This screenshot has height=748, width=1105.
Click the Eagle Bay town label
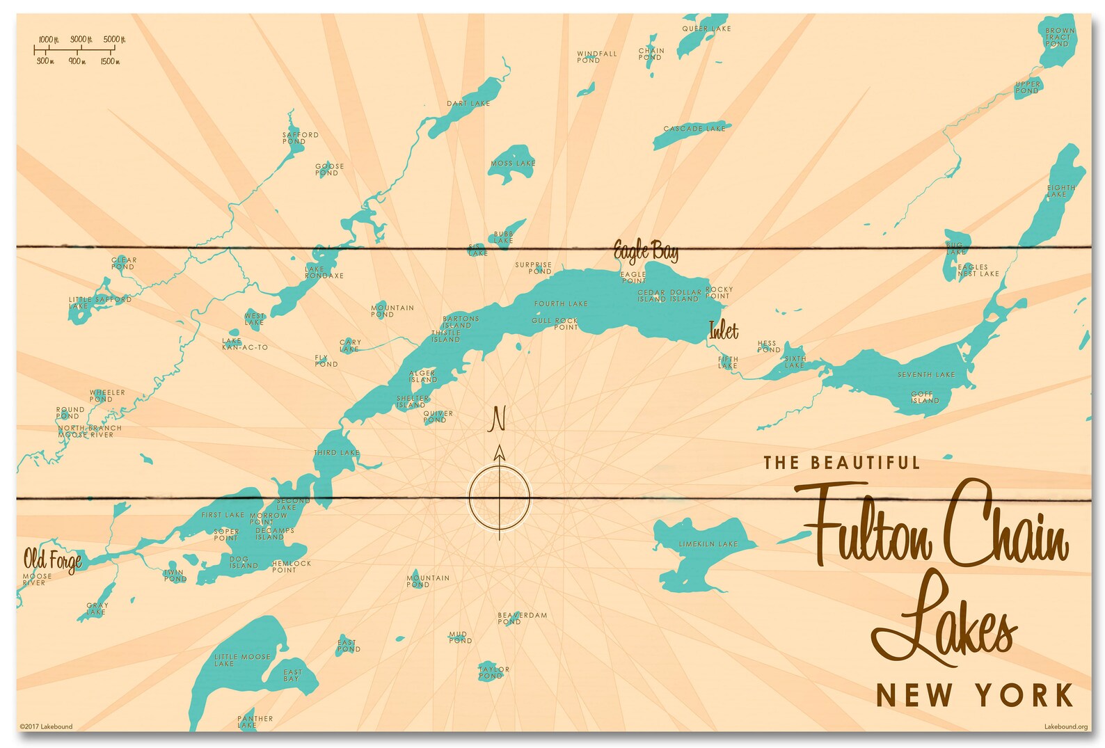coord(645,251)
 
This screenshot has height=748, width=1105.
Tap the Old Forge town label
coord(52,559)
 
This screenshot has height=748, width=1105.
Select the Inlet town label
coord(723,331)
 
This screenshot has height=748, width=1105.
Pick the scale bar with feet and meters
coord(79,50)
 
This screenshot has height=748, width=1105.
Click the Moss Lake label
coord(513,164)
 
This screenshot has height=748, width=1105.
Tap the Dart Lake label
coord(468,104)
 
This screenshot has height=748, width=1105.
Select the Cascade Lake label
coord(694,129)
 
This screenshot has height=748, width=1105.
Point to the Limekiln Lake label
coord(708,544)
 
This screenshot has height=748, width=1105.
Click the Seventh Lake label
coord(925,375)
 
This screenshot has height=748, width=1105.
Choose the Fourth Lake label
coord(561,304)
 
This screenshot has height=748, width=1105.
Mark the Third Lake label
coord(337,453)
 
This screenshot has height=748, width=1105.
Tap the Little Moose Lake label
coord(241,660)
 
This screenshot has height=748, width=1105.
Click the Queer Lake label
coord(706,29)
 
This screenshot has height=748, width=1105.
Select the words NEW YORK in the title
coord(974,695)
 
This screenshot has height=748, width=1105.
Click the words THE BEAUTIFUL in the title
coord(841,463)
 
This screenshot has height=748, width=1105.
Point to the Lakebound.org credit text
coord(1065,727)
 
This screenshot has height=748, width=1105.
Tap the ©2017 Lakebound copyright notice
coord(46,727)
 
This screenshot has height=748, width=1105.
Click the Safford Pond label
coord(300,138)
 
